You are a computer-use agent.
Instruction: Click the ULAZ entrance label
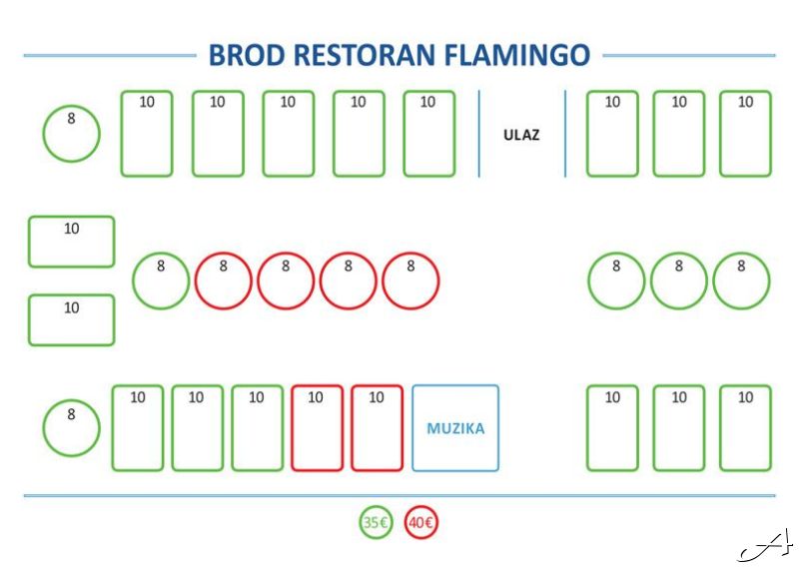521,135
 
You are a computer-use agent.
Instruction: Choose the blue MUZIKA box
455,428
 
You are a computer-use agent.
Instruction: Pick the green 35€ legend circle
376,522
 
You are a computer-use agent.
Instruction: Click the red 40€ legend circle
421,522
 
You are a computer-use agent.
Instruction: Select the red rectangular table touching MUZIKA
377,428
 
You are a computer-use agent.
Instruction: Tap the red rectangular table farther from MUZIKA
317,428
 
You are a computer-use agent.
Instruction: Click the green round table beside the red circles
161,281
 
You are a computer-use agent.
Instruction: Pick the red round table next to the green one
224,281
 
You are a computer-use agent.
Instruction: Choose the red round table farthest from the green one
410,281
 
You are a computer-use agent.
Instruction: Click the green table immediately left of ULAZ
428,134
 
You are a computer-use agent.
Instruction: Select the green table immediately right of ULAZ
612,134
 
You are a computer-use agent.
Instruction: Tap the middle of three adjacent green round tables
679,281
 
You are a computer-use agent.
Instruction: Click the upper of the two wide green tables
71,242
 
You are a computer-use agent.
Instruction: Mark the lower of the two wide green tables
71,320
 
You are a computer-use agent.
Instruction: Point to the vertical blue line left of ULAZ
479,134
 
